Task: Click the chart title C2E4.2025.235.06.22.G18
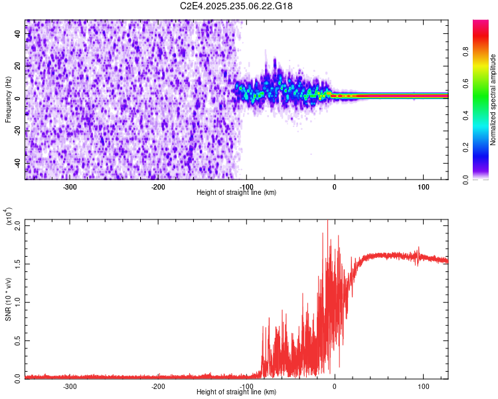tap(237, 6)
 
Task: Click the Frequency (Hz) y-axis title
tap(8, 99)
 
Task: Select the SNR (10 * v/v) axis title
tap(8, 299)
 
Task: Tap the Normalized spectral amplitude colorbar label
tap(493, 99)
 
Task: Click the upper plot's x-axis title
tap(236, 192)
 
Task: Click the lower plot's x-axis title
tap(236, 392)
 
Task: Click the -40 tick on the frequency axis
tap(17, 163)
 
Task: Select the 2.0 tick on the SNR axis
tap(17, 225)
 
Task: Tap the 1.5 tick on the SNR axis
tap(17, 263)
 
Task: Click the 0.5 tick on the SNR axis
tap(17, 339)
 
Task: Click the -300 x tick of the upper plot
tap(70, 186)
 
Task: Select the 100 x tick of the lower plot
tap(423, 386)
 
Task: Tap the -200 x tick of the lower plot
tap(158, 386)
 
